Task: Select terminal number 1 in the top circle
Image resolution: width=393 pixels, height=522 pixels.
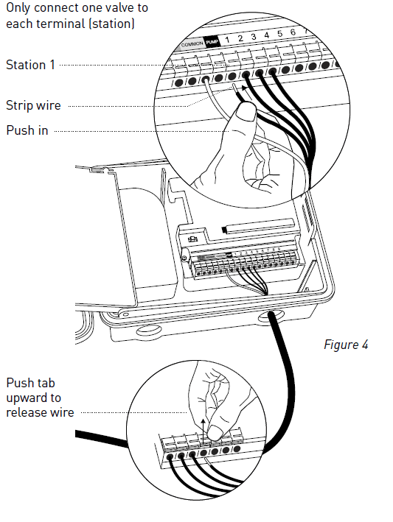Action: [229, 39]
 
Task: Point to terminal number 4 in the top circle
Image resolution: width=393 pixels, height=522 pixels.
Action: [266, 35]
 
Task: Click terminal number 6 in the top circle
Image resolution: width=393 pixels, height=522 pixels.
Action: [293, 33]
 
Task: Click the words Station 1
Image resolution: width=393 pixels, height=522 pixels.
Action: [30, 65]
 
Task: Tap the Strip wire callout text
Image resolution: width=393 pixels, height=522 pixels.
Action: [33, 105]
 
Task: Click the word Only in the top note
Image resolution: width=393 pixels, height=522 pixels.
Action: [19, 10]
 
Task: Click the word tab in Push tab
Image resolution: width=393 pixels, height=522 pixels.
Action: [47, 384]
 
